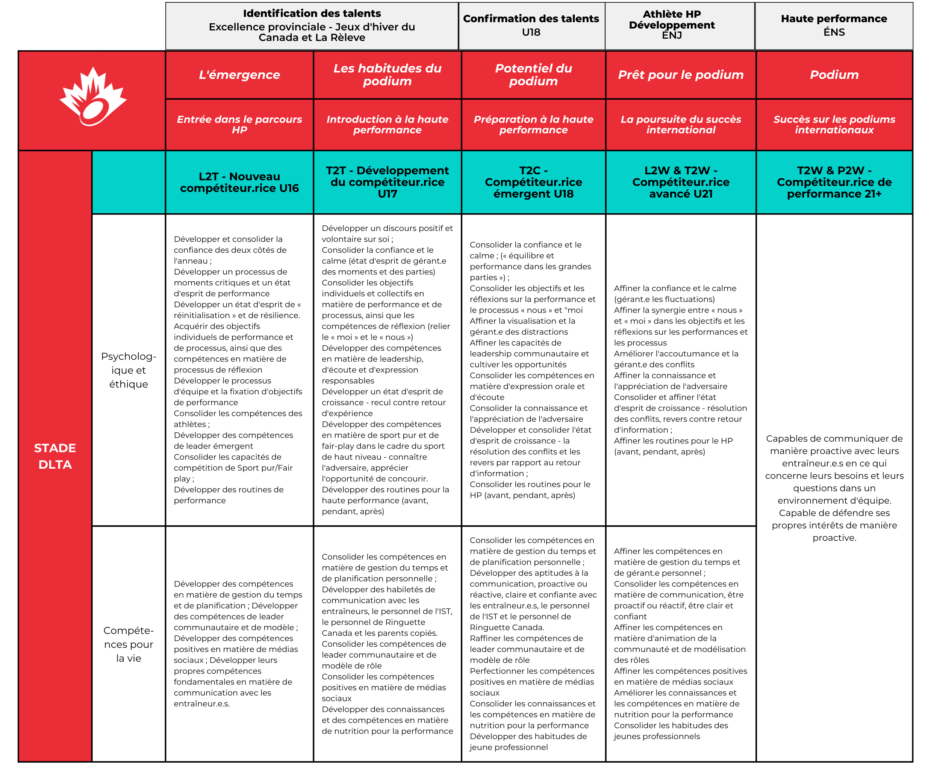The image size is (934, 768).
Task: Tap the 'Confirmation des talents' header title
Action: [531, 18]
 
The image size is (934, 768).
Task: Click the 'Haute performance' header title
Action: [834, 18]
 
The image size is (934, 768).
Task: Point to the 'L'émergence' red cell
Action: [239, 75]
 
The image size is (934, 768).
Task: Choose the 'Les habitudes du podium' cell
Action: [388, 75]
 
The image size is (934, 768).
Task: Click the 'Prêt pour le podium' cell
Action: [680, 75]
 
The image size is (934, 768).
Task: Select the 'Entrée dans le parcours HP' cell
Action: [239, 124]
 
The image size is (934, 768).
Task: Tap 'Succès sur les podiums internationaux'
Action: [834, 124]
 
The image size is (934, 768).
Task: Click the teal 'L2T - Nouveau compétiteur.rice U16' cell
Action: [239, 182]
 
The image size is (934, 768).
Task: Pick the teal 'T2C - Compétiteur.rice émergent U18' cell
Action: [533, 182]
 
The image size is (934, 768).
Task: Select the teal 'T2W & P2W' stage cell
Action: [834, 182]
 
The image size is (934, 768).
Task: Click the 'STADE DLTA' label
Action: [55, 456]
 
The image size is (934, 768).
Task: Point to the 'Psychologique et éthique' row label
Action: [129, 370]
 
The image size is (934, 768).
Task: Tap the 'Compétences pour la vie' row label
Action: [129, 644]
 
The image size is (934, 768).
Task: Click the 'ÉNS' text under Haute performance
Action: [834, 32]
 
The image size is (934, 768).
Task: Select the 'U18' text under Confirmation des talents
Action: [531, 32]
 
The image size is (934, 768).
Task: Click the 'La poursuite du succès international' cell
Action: [680, 124]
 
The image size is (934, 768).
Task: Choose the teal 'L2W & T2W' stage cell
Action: [680, 182]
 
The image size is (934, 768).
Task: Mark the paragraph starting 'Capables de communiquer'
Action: [834, 488]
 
